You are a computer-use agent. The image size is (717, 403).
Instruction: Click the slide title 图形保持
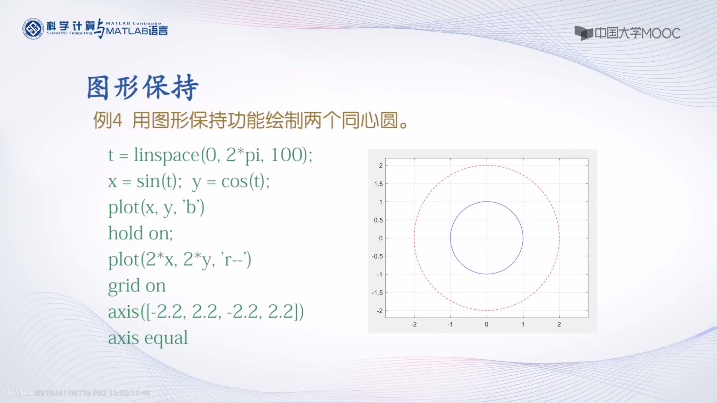(143, 87)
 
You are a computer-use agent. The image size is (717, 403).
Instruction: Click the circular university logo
(33, 29)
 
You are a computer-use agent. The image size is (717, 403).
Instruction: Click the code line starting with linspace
(210, 155)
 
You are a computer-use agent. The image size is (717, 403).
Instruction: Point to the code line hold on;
(140, 233)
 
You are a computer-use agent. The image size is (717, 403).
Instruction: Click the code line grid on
(137, 286)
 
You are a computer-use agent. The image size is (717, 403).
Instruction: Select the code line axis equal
(148, 338)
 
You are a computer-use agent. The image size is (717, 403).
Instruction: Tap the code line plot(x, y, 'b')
(156, 207)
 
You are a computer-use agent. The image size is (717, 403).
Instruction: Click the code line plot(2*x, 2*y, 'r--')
(179, 260)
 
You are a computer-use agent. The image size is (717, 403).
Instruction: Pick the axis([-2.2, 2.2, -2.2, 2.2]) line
(206, 312)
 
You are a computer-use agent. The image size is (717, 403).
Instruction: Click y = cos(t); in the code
(231, 182)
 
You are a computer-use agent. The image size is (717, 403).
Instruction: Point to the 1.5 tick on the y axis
(378, 184)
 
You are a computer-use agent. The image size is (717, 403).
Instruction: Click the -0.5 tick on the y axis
(377, 256)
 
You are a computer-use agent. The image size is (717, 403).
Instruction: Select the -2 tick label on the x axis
(413, 324)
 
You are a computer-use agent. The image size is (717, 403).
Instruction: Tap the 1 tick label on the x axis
(523, 324)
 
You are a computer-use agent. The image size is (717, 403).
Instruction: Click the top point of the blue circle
(487, 201)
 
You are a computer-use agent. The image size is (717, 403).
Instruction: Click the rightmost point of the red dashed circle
(559, 238)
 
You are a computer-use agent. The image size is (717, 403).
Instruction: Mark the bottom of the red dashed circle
(487, 310)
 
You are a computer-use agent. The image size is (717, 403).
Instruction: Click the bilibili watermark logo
(20, 392)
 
